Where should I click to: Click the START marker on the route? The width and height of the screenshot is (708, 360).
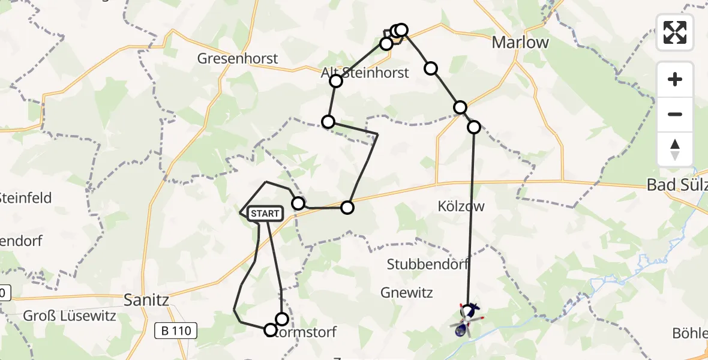(264, 214)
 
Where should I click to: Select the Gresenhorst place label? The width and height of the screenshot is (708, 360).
(238, 58)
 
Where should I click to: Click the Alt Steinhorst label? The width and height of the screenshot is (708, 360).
(365, 73)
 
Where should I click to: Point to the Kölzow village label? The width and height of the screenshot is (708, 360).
(461, 206)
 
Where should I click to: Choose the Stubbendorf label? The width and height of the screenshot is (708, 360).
(428, 264)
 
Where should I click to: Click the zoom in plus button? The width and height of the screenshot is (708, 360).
(675, 79)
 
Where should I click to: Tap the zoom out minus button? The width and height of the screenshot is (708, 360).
(675, 114)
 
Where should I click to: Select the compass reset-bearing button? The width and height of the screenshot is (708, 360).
(675, 149)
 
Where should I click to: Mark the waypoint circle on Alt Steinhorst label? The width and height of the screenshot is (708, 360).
(335, 81)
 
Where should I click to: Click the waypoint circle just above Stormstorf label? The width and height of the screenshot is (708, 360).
(281, 319)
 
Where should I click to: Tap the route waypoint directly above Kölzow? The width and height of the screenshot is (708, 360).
(474, 127)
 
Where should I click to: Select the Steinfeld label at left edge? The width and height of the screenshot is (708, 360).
(25, 198)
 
